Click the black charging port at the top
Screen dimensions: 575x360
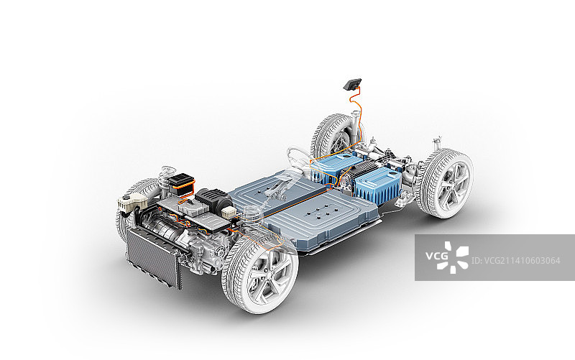click(352, 84)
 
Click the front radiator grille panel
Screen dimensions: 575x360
click(154, 257)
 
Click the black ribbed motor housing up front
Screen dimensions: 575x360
click(213, 200)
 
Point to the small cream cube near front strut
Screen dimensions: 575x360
click(229, 211)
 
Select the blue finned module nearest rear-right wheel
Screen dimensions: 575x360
click(378, 185)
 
